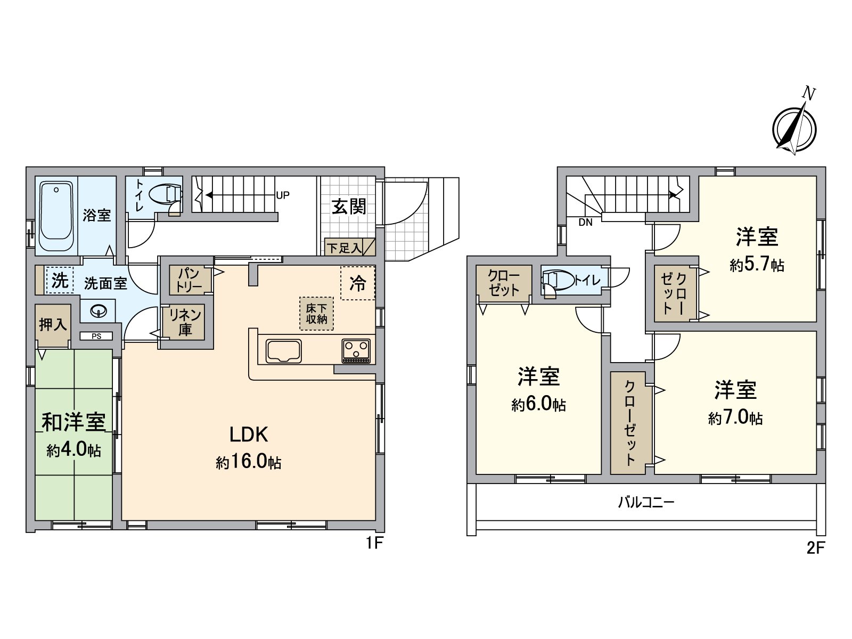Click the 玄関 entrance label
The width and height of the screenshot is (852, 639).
[x=349, y=207]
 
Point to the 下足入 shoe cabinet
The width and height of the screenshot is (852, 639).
[x=349, y=248]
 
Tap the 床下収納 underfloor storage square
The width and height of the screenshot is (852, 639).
[x=316, y=314]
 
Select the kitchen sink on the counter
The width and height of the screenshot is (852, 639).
[x=284, y=351]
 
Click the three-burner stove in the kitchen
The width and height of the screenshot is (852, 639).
[x=356, y=351]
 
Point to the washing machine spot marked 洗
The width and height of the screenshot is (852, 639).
[x=59, y=280]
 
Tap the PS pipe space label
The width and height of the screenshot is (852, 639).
[x=96, y=336]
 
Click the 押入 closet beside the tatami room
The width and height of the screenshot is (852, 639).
[x=53, y=324]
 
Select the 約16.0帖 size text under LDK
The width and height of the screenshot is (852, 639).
[x=249, y=462]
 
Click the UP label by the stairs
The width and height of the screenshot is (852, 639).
[x=282, y=195]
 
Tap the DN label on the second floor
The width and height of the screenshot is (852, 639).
[x=585, y=223]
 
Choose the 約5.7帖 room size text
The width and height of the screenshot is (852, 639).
[x=757, y=265]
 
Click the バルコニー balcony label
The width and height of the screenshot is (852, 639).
[x=646, y=502]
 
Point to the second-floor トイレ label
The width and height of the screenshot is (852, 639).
[x=588, y=281]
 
